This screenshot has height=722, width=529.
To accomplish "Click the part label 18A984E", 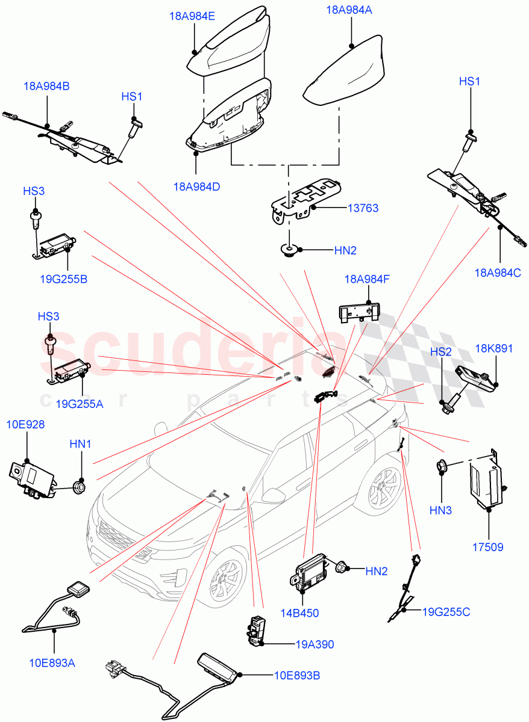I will (x=192, y=17).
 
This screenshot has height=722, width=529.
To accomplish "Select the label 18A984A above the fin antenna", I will (x=349, y=10).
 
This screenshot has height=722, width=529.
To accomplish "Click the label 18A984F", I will (x=367, y=279).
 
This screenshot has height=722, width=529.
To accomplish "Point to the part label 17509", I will (x=487, y=547).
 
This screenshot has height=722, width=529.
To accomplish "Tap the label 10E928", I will (x=26, y=425).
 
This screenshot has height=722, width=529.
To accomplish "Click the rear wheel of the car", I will (x=383, y=487).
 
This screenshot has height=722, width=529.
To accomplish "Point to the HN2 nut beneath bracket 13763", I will (x=290, y=249).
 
